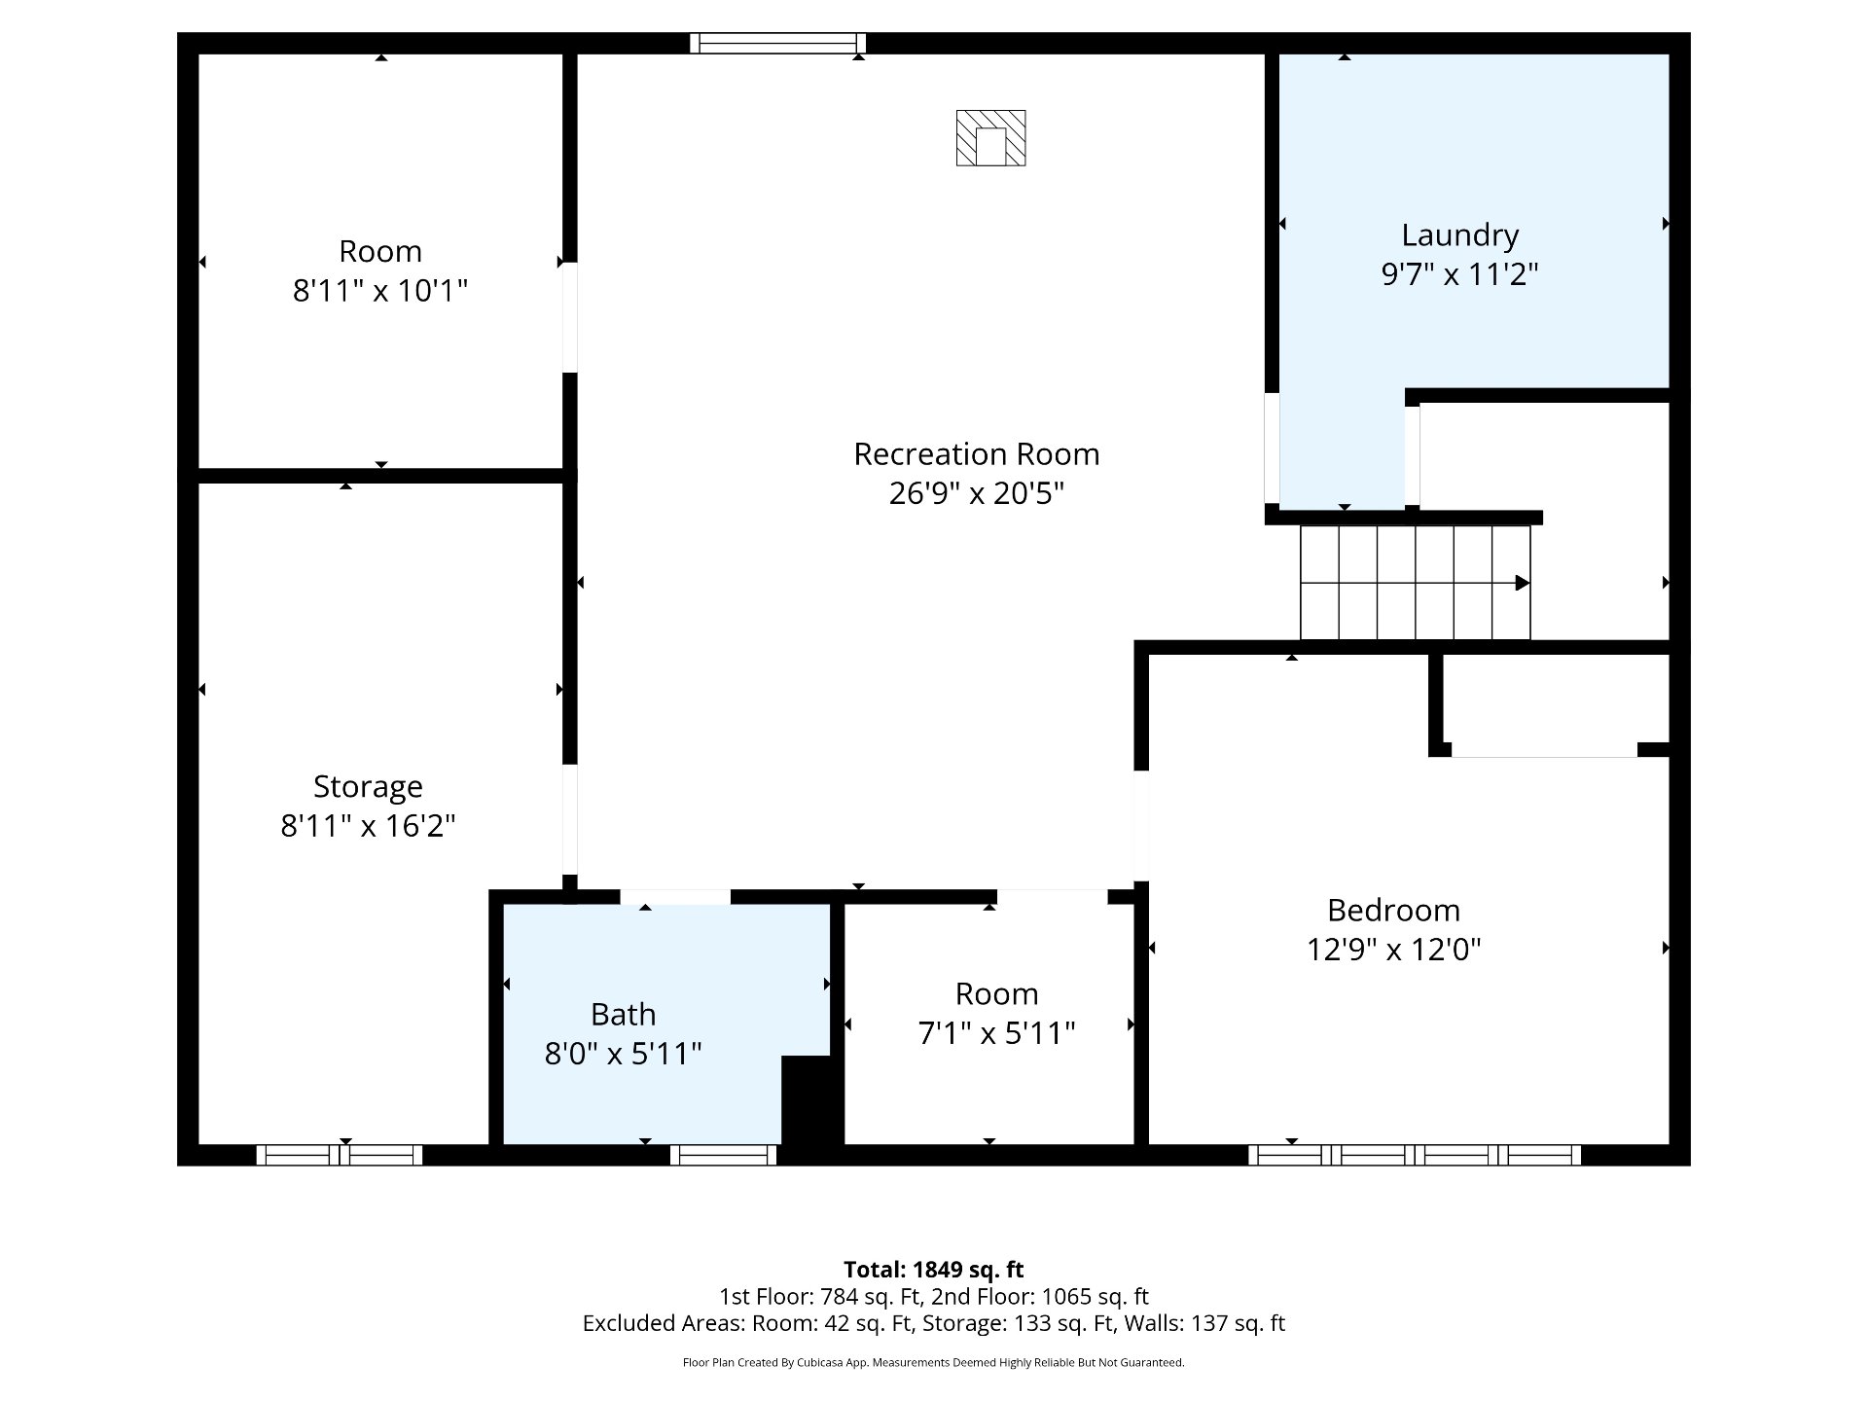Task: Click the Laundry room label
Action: (x=1459, y=235)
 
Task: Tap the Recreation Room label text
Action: (x=977, y=454)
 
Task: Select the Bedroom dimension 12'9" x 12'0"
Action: (x=1393, y=949)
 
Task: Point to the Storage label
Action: (x=368, y=787)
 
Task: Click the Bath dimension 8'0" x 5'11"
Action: (x=623, y=1054)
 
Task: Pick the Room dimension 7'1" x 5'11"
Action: (x=996, y=1032)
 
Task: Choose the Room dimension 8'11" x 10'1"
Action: (x=380, y=290)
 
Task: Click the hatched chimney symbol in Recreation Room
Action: (x=990, y=137)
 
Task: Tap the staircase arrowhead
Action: (x=1523, y=583)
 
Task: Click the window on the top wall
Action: (x=777, y=43)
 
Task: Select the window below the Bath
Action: (x=724, y=1155)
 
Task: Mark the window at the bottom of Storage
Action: (x=340, y=1155)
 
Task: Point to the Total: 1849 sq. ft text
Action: (x=934, y=1270)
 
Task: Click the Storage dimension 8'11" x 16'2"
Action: (x=368, y=826)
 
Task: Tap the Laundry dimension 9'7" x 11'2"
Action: (x=1459, y=274)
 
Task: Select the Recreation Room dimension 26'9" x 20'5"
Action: (x=977, y=493)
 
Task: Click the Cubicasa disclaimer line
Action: (x=934, y=1363)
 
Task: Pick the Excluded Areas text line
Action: (x=934, y=1323)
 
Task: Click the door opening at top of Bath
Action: (x=675, y=897)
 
